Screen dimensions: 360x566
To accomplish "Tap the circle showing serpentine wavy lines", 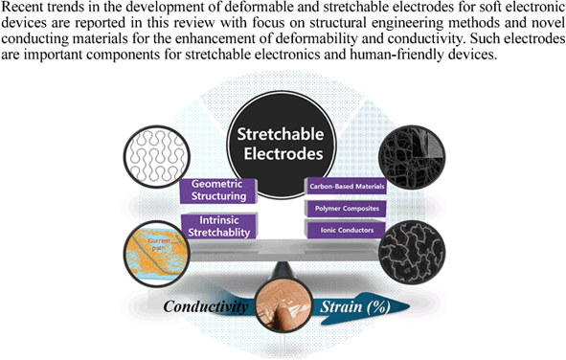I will (153, 153).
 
